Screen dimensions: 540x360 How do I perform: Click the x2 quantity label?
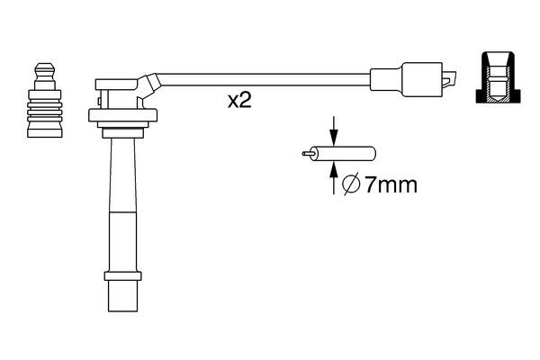point(239,101)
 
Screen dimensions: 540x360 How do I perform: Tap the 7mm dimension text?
point(391,185)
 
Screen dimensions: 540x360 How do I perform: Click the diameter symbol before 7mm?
point(351,184)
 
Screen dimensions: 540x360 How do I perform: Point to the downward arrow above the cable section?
point(333,130)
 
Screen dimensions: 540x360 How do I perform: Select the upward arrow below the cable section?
point(333,178)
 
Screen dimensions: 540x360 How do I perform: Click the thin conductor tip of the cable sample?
point(308,153)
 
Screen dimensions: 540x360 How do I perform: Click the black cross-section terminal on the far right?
point(498,77)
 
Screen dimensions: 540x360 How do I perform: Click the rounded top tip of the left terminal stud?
point(45,65)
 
